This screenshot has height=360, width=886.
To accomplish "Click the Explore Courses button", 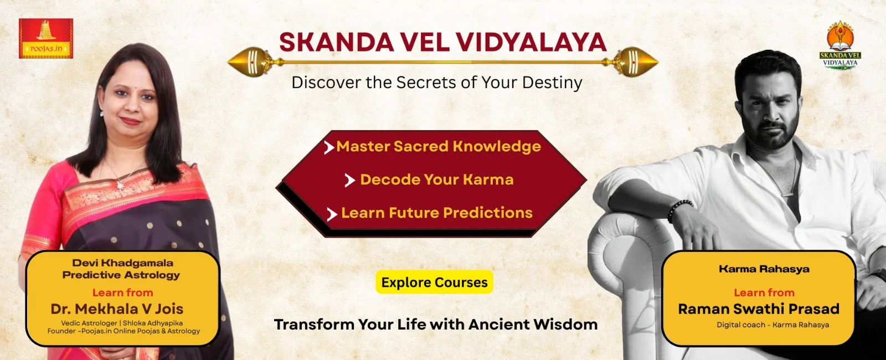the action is (x=434, y=282).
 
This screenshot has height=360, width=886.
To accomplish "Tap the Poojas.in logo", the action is (x=46, y=38).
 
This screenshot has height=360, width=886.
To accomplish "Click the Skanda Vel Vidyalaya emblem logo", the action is (x=839, y=45).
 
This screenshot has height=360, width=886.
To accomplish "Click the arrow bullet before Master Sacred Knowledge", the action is (x=329, y=147).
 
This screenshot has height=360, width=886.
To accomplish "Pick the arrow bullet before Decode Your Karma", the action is (x=349, y=181).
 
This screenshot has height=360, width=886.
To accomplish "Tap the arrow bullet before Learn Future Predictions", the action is (x=332, y=214).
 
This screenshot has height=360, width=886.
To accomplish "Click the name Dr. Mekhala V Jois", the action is (x=117, y=308).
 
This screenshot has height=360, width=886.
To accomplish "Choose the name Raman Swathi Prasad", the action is (x=759, y=308).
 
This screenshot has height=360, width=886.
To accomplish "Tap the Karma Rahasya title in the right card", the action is (x=764, y=269).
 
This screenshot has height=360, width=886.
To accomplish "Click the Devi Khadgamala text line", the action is (x=122, y=263).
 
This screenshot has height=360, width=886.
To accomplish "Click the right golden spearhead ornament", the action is (x=634, y=62).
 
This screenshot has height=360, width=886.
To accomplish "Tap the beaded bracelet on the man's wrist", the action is (x=679, y=210).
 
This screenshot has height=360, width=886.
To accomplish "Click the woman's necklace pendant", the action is (x=120, y=185).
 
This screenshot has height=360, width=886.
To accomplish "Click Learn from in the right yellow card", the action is (x=764, y=292).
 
